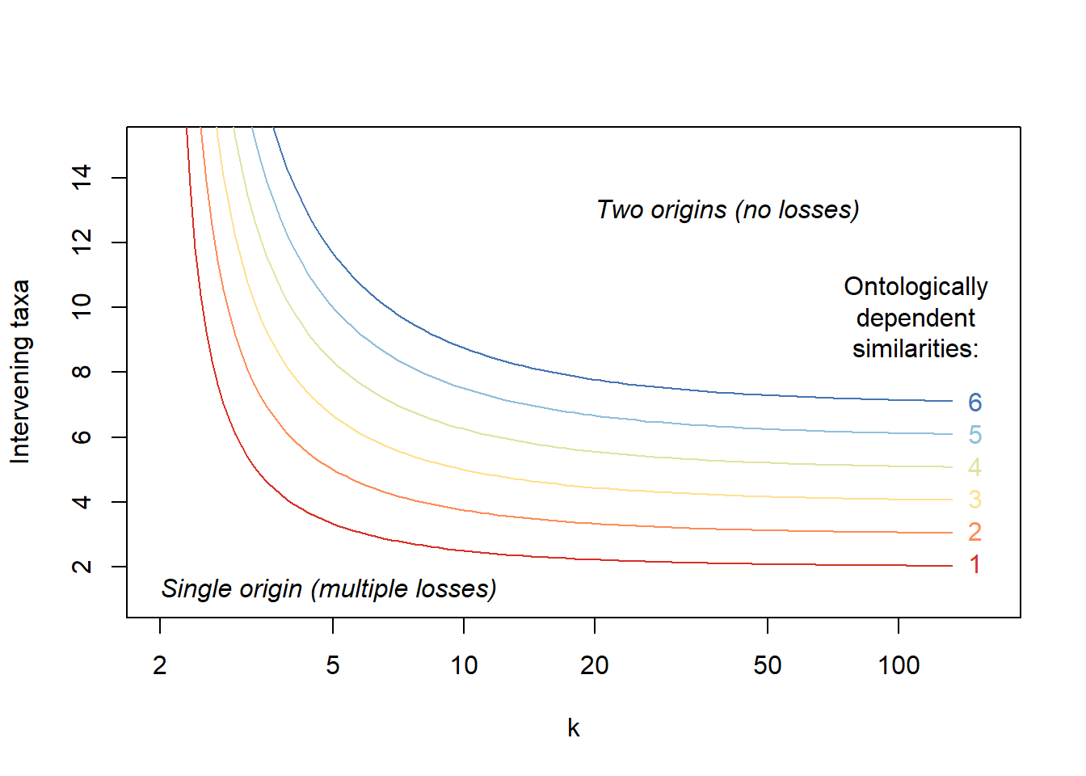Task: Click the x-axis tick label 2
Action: [160, 665]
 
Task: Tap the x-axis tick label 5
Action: [333, 665]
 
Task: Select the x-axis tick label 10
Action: [464, 665]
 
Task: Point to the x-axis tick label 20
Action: [595, 665]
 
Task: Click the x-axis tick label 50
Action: [768, 665]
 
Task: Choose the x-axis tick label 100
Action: [899, 665]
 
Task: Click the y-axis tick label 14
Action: [82, 178]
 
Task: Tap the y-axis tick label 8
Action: [82, 372]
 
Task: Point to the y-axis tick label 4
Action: [82, 502]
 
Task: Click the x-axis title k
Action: [574, 728]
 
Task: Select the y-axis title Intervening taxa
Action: [20, 372]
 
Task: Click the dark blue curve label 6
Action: [975, 403]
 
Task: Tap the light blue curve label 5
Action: [975, 435]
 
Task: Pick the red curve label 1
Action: [975, 565]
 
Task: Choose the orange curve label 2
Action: [975, 533]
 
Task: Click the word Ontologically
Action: [916, 287]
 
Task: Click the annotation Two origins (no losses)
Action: [728, 210]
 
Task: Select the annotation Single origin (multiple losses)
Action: [329, 589]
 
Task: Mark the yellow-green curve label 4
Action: [975, 467]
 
